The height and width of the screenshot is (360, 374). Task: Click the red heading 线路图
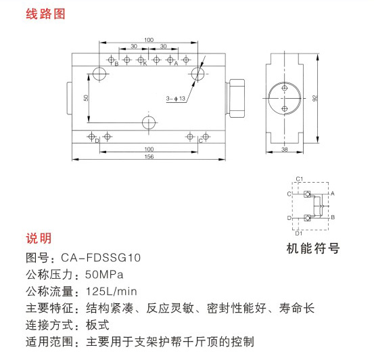[x=45, y=14]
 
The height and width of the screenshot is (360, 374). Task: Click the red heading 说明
[x=39, y=238]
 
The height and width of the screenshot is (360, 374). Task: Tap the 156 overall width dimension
[x=149, y=156]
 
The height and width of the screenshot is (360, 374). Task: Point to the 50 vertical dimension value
[x=86, y=97]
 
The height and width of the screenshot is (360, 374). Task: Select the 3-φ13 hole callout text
[x=176, y=98]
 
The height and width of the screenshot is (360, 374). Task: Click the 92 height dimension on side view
[x=315, y=98]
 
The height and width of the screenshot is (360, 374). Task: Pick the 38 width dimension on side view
[x=285, y=150]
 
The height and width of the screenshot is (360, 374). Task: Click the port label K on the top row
[x=145, y=64]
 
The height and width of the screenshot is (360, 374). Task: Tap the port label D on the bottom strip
[x=97, y=141]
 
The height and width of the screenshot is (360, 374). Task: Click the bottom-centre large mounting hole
[x=149, y=122]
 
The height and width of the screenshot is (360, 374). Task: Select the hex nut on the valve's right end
[x=235, y=98]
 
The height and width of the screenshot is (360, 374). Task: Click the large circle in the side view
[x=284, y=98]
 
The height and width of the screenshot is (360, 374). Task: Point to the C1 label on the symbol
[x=300, y=179]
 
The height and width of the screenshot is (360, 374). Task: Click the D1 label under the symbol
[x=299, y=233]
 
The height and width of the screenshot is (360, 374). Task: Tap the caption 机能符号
[x=313, y=248]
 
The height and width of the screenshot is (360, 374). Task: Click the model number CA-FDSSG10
[x=101, y=258]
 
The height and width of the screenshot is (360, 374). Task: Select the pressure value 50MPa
[x=104, y=275]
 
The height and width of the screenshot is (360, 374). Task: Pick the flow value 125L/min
[x=112, y=292]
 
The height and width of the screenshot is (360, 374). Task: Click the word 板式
[x=97, y=325]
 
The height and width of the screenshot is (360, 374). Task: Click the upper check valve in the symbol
[x=307, y=194]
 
